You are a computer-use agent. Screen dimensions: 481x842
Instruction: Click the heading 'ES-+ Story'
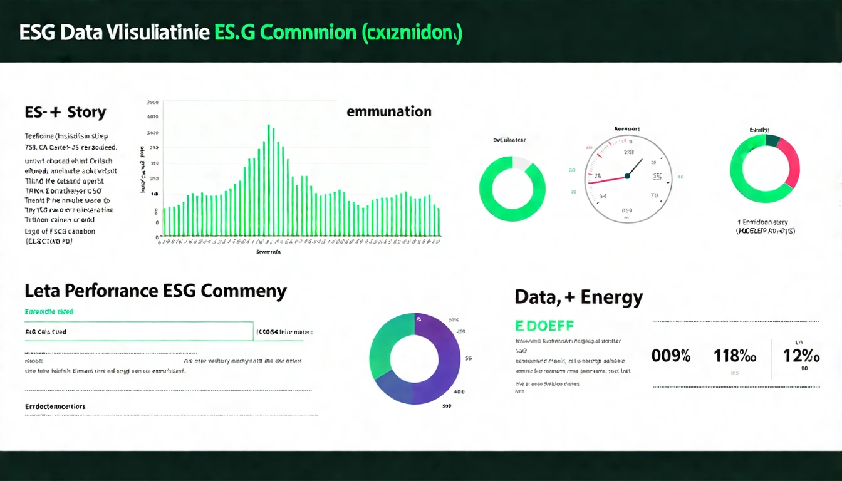point(65,113)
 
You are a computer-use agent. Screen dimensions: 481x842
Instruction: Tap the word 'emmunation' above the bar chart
point(388,112)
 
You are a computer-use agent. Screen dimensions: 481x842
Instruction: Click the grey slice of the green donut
point(521,163)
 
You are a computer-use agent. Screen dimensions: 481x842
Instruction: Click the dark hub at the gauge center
point(627,176)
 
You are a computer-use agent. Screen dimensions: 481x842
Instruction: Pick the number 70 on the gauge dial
point(655,195)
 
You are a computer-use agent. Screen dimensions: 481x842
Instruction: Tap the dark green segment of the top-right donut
point(771,140)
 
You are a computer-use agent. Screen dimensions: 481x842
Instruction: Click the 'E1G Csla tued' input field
point(135,332)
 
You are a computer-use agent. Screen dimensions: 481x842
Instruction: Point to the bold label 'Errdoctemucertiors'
point(55,406)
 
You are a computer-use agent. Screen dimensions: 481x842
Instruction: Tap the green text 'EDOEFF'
point(544,326)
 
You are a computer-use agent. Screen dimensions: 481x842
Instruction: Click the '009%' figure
point(671,356)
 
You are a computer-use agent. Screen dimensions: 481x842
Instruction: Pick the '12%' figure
point(801,356)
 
